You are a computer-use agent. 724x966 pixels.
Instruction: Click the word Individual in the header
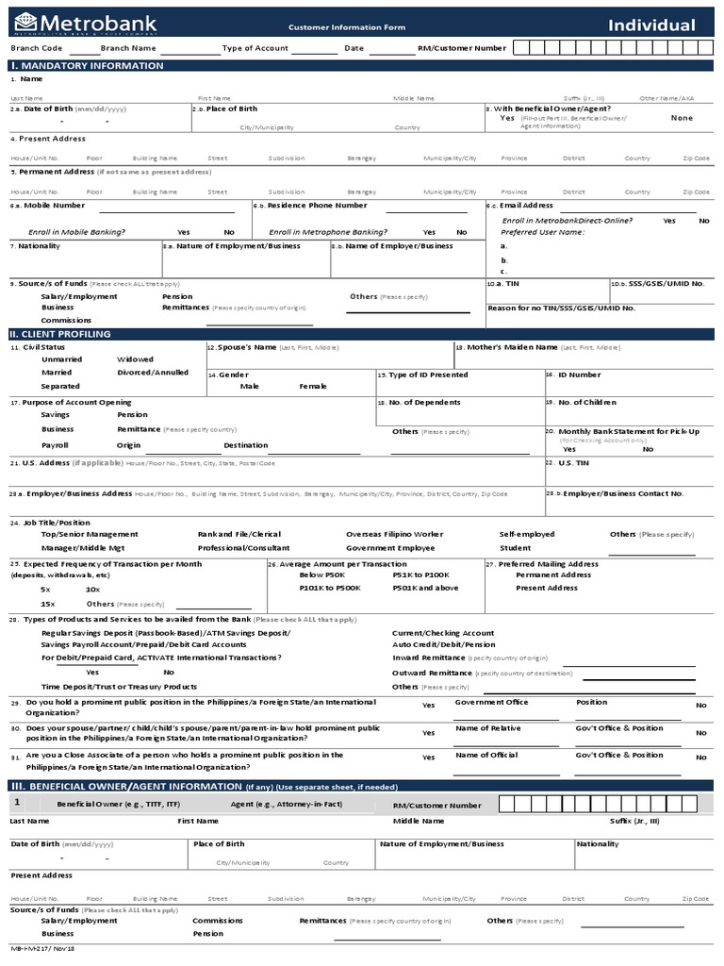(x=651, y=25)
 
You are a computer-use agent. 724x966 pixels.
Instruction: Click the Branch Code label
(x=37, y=47)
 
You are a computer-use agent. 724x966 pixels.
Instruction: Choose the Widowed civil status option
(x=135, y=359)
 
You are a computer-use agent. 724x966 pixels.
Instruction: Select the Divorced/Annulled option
(x=153, y=373)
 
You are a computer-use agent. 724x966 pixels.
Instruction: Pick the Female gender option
(x=313, y=386)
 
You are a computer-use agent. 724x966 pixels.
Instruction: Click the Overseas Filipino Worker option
(x=394, y=535)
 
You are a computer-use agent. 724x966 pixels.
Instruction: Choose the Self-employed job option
(x=527, y=535)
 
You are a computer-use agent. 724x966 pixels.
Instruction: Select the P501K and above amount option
(x=425, y=588)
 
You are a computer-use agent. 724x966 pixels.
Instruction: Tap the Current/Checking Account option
(x=443, y=633)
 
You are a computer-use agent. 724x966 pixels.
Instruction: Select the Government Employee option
(x=390, y=548)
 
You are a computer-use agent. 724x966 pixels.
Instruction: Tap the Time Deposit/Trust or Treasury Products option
(x=119, y=687)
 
